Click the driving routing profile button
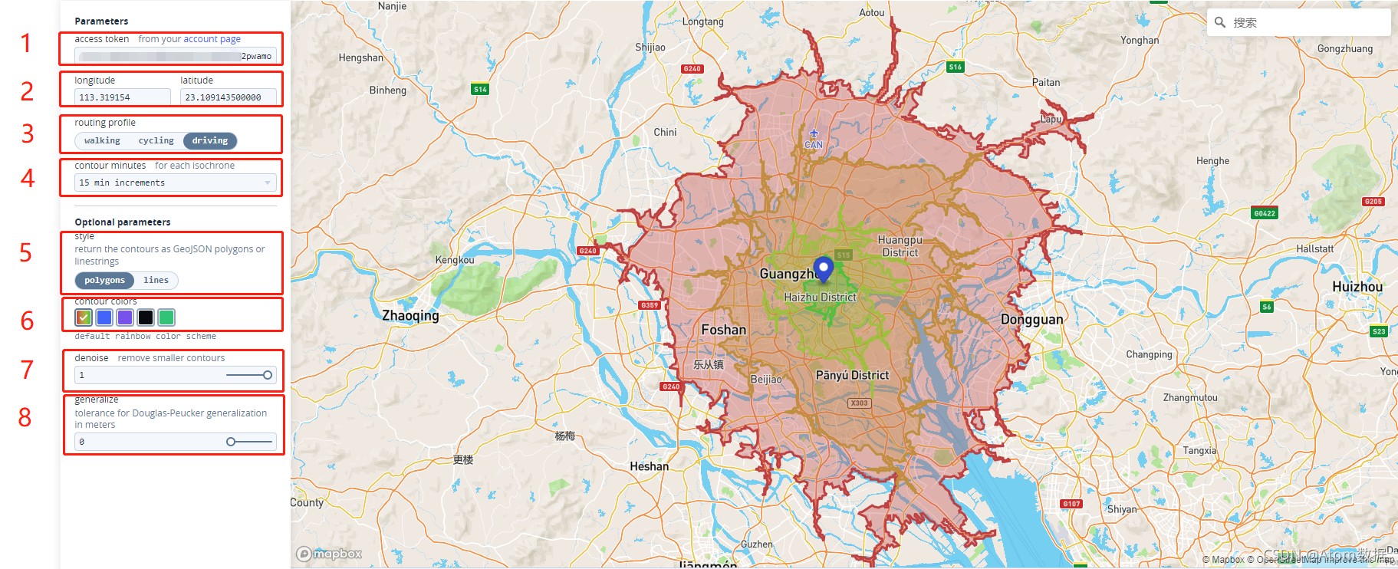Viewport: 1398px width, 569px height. [x=210, y=141]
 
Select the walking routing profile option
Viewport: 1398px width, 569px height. [x=102, y=141]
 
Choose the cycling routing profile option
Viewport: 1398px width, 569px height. [x=156, y=141]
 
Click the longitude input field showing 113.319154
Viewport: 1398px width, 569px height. [x=122, y=97]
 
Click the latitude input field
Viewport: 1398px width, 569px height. [x=228, y=97]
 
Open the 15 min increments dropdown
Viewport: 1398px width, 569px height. [x=175, y=183]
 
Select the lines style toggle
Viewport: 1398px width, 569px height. [x=156, y=281]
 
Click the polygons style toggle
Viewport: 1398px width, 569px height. [x=104, y=281]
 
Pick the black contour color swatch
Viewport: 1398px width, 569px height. [x=146, y=317]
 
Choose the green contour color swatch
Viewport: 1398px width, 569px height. [x=166, y=317]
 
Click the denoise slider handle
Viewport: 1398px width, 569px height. [x=268, y=375]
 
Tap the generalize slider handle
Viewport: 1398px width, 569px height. [x=231, y=442]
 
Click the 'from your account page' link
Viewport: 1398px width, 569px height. [x=189, y=39]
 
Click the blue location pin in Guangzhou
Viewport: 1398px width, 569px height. [x=823, y=268]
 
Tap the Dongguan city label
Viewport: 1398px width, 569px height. [x=1031, y=320]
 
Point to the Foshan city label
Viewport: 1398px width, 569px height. [x=723, y=330]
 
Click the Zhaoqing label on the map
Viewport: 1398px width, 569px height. [x=410, y=316]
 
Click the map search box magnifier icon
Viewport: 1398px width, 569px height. [x=1220, y=22]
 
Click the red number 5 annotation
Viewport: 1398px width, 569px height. [x=25, y=253]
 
